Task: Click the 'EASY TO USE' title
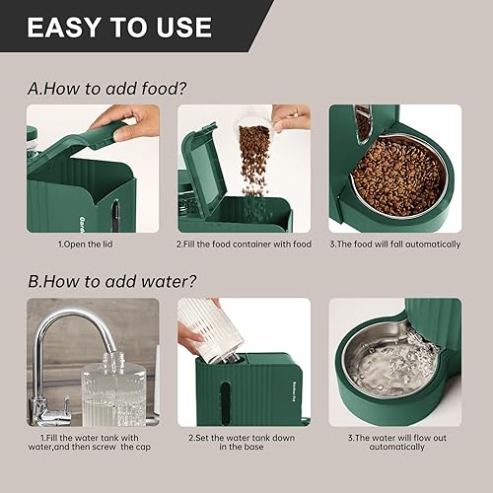pos(118,27)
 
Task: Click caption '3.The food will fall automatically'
pos(397,244)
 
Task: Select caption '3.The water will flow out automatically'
pos(397,441)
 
